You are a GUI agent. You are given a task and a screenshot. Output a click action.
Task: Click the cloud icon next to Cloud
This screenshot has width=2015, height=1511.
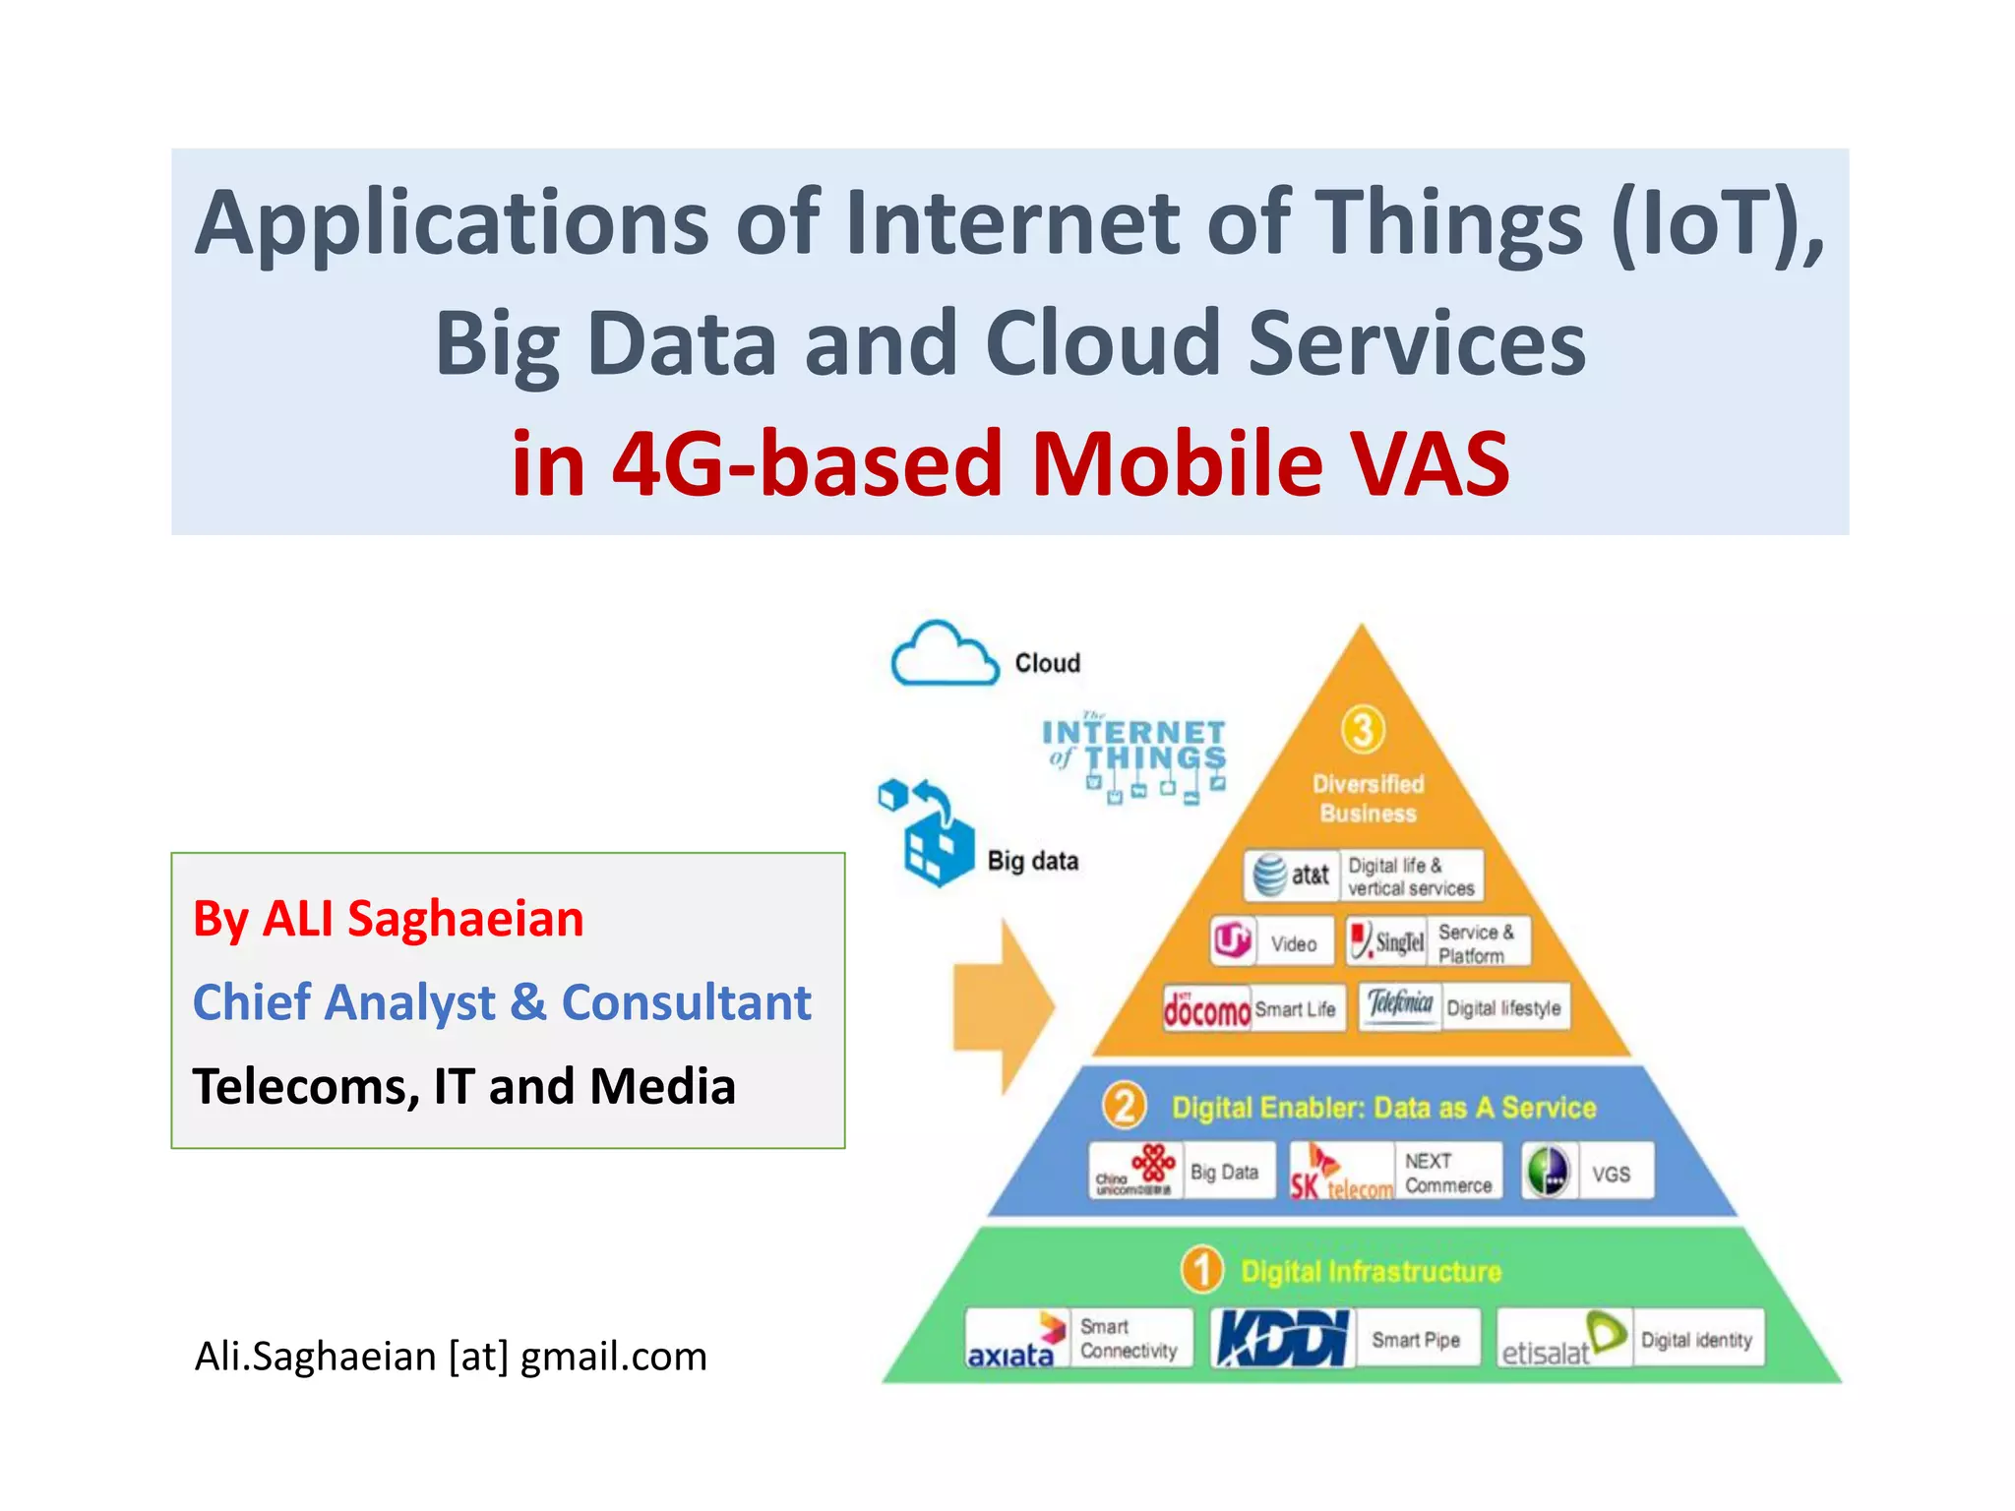tap(944, 654)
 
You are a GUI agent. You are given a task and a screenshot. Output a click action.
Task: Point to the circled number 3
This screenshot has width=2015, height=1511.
tap(1363, 730)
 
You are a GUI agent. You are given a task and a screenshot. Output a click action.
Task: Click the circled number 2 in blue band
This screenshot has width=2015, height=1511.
tap(1125, 1106)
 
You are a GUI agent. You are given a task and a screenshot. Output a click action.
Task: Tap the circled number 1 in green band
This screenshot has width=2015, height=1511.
tap(1201, 1270)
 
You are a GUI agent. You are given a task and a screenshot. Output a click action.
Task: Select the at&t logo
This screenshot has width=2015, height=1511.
tap(1292, 875)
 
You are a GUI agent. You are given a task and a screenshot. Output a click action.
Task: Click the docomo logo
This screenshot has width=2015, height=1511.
tap(1206, 1009)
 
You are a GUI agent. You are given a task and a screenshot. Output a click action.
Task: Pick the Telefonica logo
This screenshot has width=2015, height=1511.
tap(1400, 1005)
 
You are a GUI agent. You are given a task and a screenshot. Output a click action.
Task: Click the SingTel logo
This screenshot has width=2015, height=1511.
tap(1386, 941)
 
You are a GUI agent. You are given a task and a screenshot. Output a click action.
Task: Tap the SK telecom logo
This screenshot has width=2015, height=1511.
tap(1341, 1172)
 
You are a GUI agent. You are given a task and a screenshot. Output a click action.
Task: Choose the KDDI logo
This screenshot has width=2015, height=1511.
tap(1282, 1338)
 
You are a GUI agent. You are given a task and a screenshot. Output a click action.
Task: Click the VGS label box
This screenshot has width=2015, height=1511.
tap(1611, 1174)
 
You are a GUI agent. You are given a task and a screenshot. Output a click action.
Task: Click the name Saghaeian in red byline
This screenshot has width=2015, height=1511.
tap(465, 919)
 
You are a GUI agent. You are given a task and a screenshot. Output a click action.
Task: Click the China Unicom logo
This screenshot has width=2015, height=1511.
tap(1134, 1172)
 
